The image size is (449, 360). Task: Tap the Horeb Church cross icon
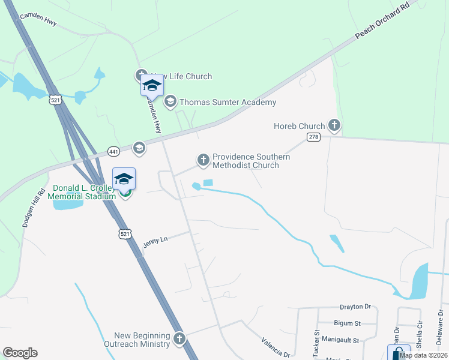(x=334, y=126)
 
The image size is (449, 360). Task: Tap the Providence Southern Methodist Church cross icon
(x=203, y=160)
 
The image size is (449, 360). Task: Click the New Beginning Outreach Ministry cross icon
(x=179, y=339)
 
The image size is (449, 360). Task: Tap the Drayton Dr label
(x=351, y=307)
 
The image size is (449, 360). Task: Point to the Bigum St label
(x=348, y=323)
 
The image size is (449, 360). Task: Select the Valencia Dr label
(x=276, y=347)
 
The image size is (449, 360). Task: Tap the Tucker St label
(x=316, y=340)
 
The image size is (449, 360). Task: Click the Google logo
(x=20, y=353)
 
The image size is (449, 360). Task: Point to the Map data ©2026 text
(x=424, y=355)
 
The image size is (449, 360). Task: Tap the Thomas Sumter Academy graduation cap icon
(x=170, y=101)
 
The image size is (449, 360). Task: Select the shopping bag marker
(x=398, y=353)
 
